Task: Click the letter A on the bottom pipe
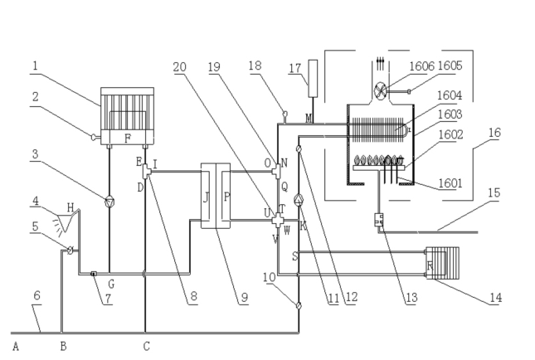pos(15,345)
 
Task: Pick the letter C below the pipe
pos(146,345)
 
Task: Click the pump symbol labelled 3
pos(109,200)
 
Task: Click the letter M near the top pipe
pos(287,118)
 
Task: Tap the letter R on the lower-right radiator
pos(429,265)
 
